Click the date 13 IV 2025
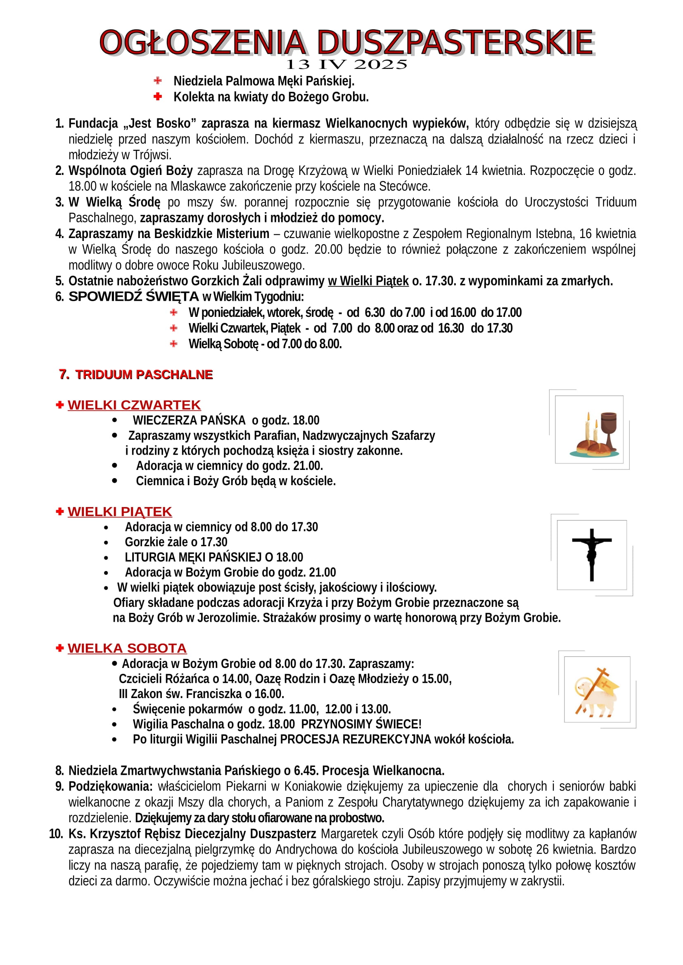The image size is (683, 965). point(346,65)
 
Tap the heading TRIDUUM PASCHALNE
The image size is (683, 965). point(144,375)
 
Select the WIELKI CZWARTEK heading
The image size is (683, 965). point(134,405)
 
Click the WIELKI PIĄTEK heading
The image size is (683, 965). point(120,512)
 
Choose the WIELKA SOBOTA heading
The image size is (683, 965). point(127,648)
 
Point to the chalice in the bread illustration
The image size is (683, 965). point(608,429)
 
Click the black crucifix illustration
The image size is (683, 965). point(592,554)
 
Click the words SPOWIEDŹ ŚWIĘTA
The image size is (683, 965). point(133,297)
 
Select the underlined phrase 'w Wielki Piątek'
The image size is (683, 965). point(368,281)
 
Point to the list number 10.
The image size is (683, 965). point(56,834)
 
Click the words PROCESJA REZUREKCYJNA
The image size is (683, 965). point(356,739)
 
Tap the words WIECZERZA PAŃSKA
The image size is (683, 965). point(189,420)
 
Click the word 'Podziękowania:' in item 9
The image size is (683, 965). point(111,786)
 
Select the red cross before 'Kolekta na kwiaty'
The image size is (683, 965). point(158,97)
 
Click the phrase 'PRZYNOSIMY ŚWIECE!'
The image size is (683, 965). point(361,724)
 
